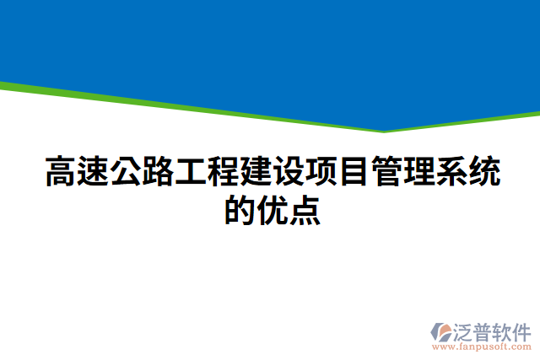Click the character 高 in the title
(59, 174)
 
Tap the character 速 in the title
(92, 174)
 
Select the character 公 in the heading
(125, 174)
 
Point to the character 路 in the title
(157, 174)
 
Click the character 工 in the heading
(190, 174)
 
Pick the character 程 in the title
(222, 174)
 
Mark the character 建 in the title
(255, 174)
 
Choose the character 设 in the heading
(287, 174)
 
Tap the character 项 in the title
(320, 174)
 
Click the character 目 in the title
(353, 174)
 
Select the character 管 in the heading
(385, 174)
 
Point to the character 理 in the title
(418, 174)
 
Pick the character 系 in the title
(450, 174)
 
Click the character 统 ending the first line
(483, 174)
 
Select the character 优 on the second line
(271, 210)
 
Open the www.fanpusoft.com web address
(482, 347)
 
